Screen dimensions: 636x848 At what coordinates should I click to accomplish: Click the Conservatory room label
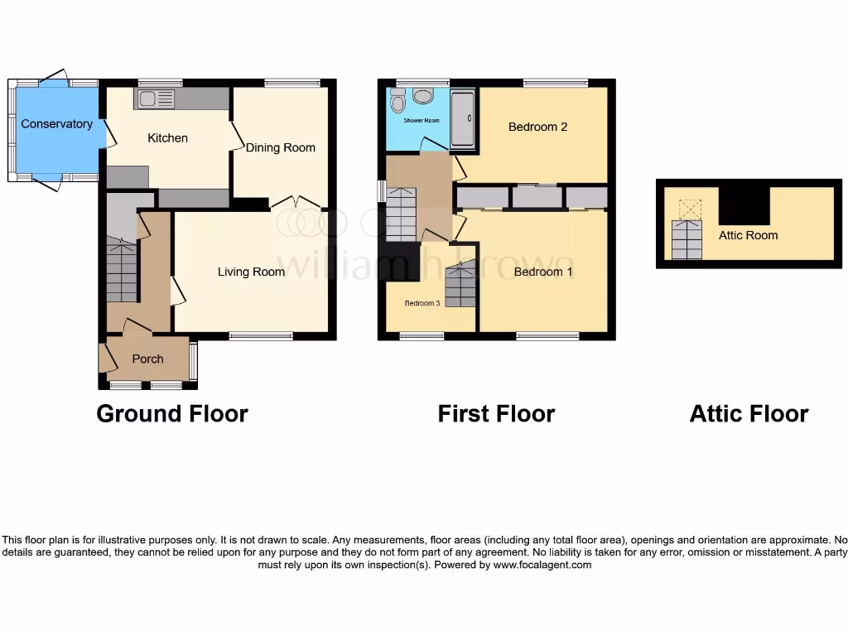56,124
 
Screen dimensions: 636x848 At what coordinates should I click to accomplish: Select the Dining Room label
281,147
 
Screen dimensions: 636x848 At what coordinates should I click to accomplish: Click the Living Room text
251,272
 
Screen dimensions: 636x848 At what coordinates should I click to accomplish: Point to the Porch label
147,359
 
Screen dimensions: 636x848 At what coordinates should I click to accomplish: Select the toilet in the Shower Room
397,103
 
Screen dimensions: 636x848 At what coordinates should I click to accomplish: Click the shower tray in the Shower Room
462,119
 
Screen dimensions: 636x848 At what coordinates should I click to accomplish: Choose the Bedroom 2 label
537,127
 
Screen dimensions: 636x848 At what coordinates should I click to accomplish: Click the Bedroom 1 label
543,272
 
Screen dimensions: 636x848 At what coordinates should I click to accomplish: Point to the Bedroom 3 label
422,303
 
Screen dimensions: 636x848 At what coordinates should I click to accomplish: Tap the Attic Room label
748,235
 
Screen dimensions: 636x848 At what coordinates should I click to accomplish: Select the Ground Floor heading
172,413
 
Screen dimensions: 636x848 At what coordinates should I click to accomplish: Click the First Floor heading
496,413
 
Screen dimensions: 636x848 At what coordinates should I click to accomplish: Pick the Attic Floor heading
749,413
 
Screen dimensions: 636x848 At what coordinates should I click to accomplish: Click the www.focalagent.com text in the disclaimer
542,565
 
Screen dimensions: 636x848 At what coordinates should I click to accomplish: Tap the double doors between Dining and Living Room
297,201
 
